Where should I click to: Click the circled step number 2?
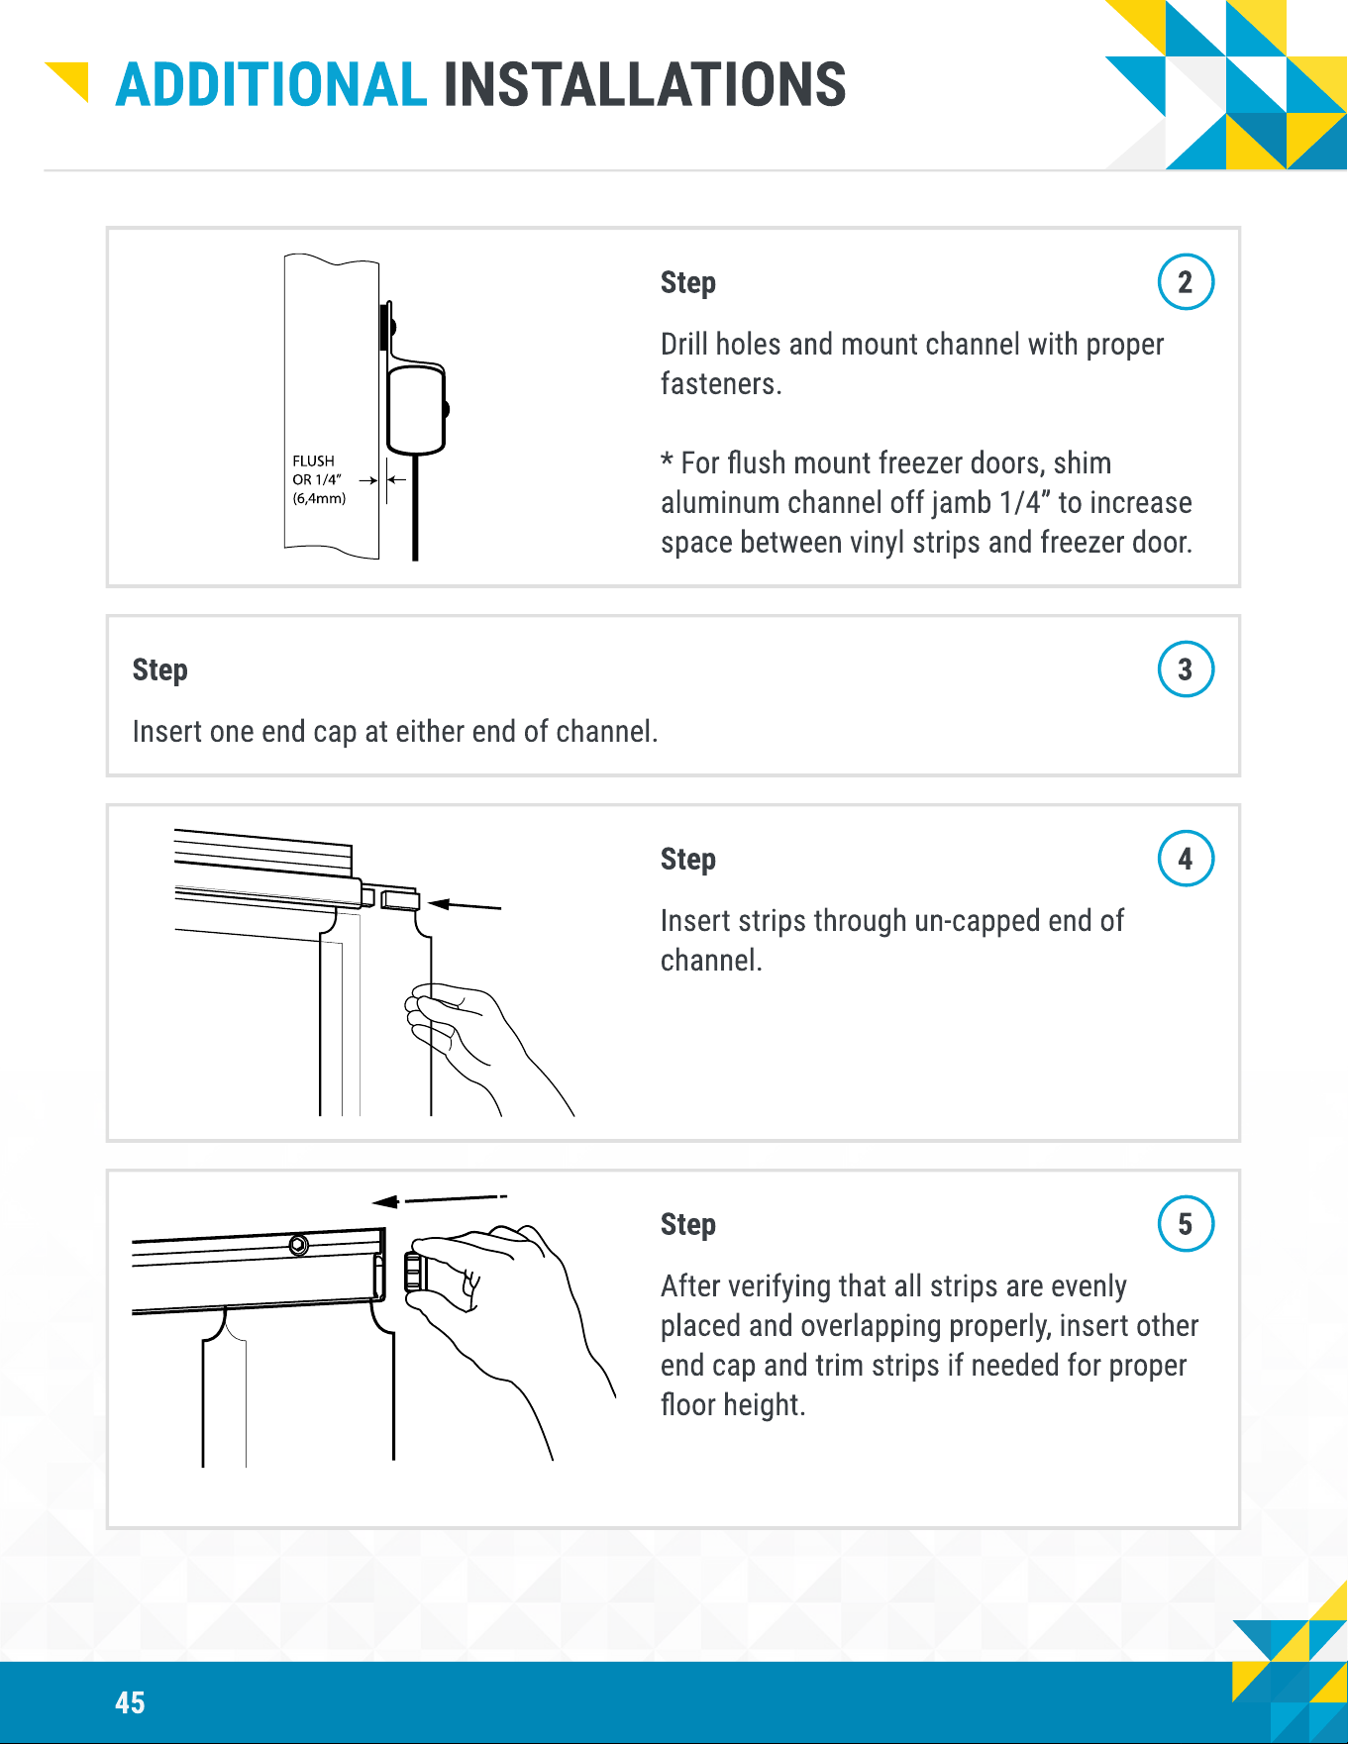(1186, 282)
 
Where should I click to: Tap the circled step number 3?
(1186, 669)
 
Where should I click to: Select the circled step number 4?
(1186, 859)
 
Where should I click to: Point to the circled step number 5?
(1186, 1224)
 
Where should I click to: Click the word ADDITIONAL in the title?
(271, 84)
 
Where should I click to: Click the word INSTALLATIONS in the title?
(645, 84)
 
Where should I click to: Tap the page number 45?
(130, 1702)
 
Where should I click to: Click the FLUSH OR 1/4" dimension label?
(319, 479)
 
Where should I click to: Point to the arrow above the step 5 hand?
(439, 1200)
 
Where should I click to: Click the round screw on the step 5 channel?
(298, 1245)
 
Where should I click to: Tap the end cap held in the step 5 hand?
(414, 1272)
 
